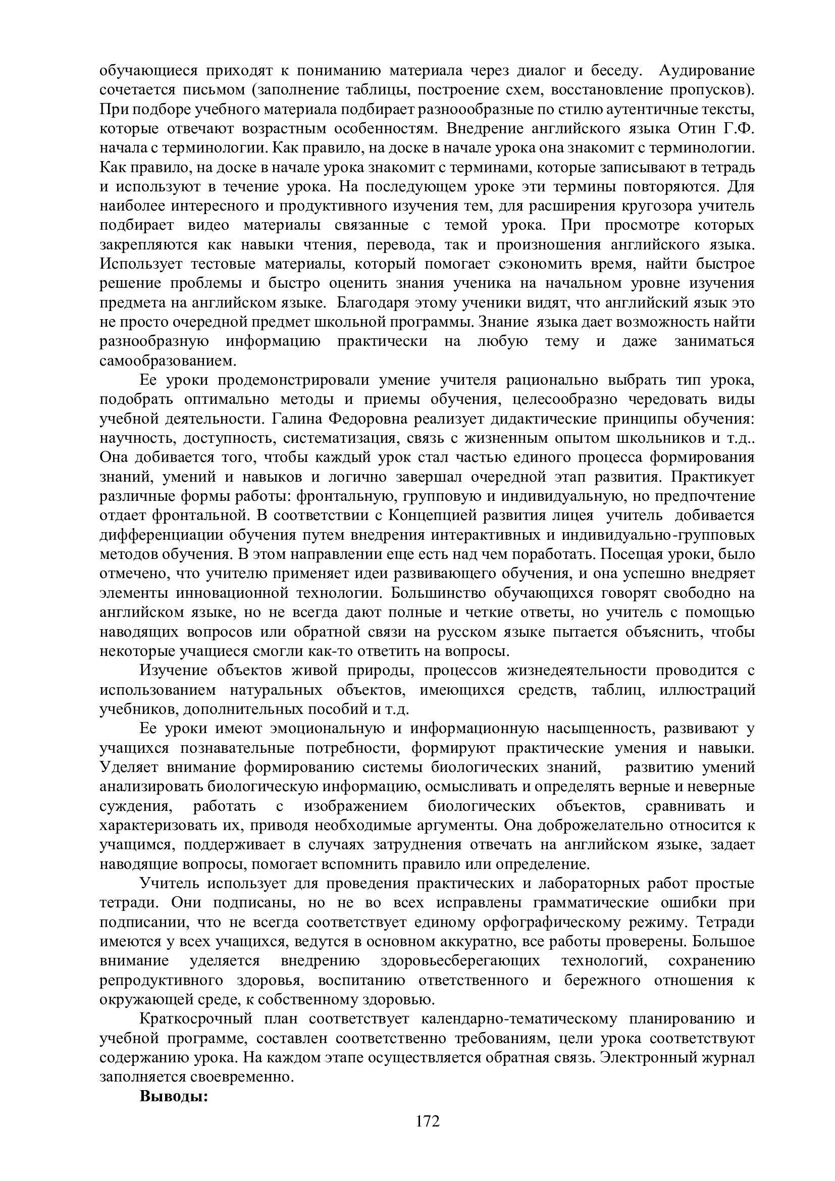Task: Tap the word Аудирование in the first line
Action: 706,70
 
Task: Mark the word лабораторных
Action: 588,883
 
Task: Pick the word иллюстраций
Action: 707,690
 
